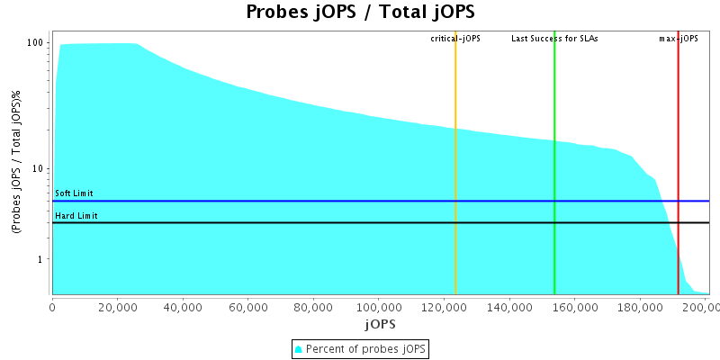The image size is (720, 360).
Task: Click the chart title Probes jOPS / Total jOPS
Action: [x=360, y=13]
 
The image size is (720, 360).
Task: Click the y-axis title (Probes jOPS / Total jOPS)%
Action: [x=17, y=163]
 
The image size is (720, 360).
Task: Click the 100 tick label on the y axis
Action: [x=36, y=43]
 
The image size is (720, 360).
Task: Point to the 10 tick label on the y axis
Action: [x=40, y=169]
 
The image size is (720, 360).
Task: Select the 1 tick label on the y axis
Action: [x=42, y=260]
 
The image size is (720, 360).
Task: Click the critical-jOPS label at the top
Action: [x=455, y=39]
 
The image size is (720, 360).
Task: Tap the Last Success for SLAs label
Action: [x=554, y=39]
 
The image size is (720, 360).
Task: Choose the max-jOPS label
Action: [x=679, y=39]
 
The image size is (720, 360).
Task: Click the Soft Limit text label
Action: [x=74, y=193]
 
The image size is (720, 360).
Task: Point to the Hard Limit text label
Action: [x=76, y=216]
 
